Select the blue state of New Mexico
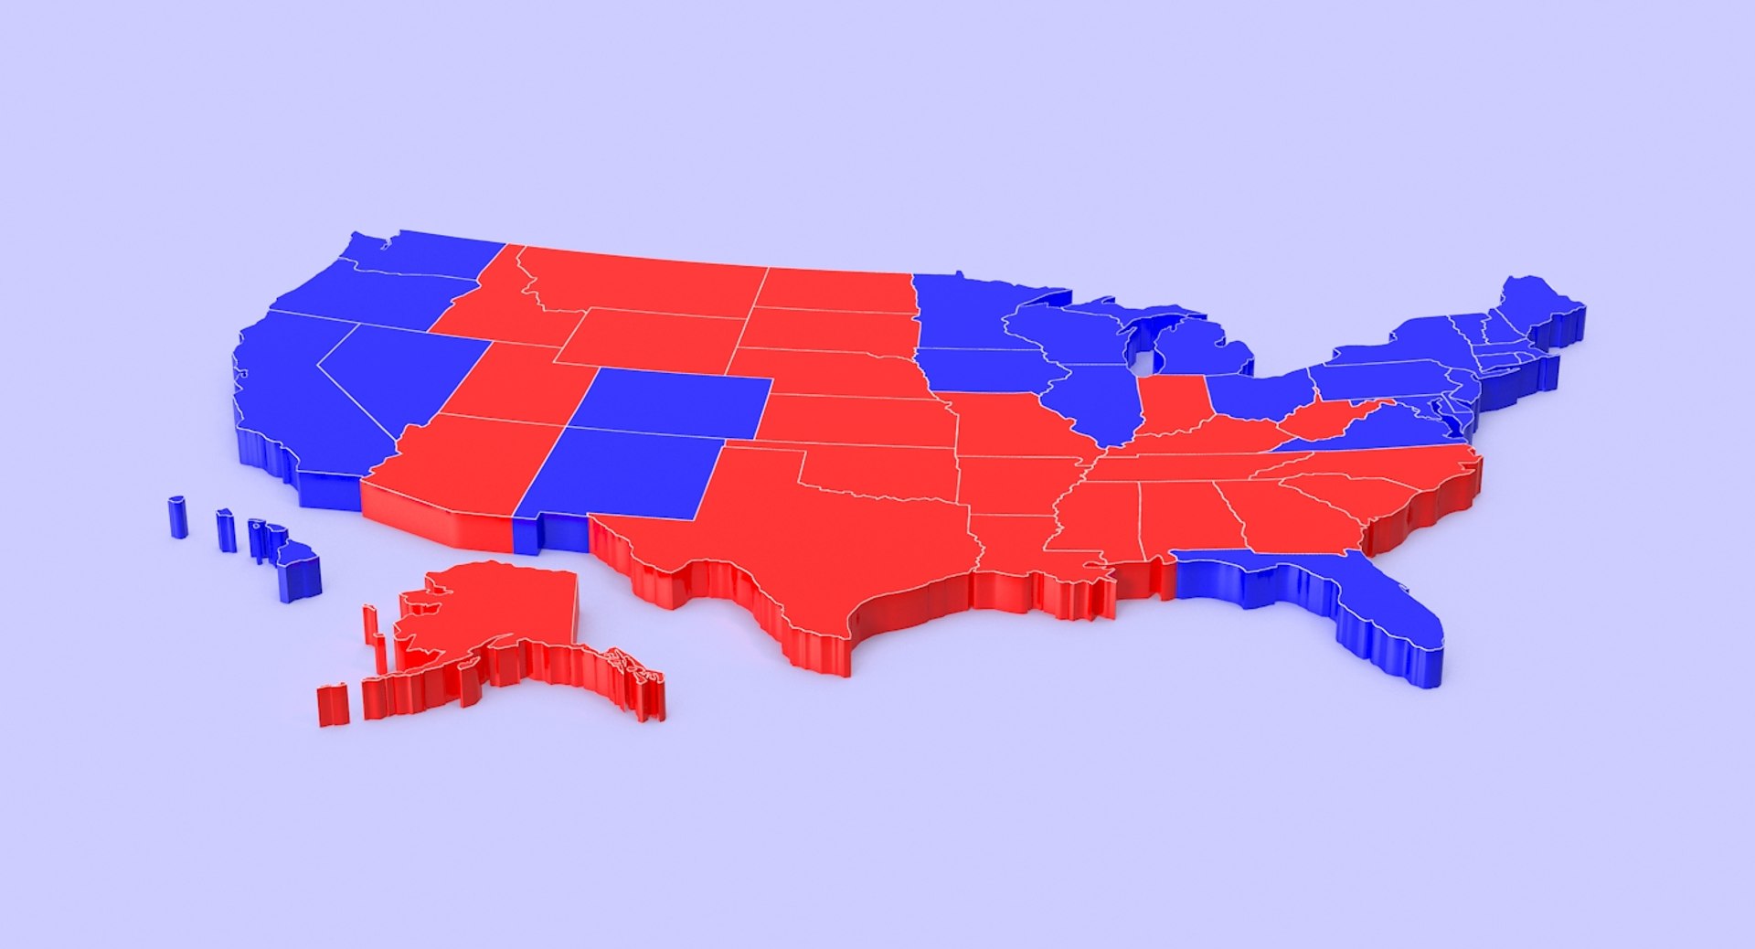point(626,475)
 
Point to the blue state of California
point(292,402)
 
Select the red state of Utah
point(512,384)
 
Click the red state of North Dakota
point(836,288)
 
